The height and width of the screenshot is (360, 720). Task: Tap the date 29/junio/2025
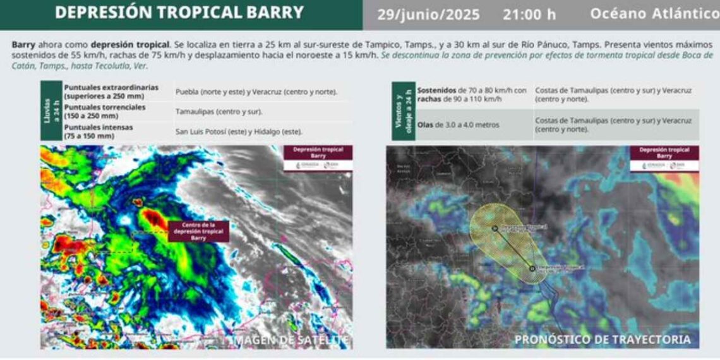428,15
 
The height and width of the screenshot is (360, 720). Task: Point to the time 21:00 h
529,15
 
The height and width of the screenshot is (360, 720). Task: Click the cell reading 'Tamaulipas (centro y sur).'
219,112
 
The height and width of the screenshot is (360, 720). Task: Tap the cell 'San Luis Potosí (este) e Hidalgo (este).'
239,131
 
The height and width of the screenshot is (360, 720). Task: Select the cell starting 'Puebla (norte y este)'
256,92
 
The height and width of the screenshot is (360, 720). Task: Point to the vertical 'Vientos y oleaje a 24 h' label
402,111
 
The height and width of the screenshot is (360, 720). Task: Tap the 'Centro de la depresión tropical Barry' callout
198,231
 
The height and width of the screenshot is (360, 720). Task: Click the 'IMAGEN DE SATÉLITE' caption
289,340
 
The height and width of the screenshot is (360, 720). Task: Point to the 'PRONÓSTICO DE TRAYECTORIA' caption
603,340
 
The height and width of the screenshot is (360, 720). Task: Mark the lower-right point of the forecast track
532,268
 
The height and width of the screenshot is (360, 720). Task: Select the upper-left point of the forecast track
495,227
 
